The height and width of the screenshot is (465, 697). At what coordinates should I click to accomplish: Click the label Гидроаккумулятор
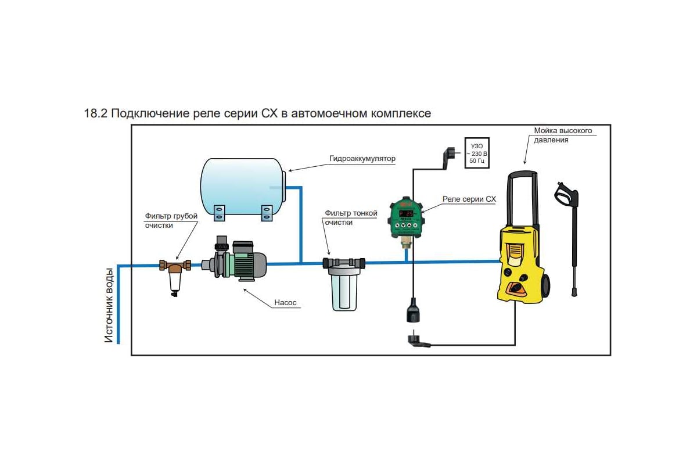coord(362,159)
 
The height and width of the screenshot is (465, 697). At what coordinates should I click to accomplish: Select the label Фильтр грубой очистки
coord(171,220)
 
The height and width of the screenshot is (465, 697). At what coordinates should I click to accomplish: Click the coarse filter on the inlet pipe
coord(174,273)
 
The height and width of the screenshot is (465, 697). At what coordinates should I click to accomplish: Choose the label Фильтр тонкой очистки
coord(351,217)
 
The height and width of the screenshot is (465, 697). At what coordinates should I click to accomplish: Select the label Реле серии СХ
coord(469,199)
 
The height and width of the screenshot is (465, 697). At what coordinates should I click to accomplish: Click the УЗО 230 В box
coord(476,152)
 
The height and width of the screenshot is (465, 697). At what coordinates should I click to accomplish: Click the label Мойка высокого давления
coord(563,135)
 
